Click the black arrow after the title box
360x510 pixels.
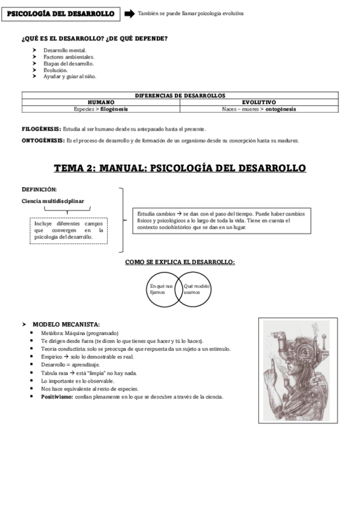coord(129,13)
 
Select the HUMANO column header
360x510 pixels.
coord(100,102)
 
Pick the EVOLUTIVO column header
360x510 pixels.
coord(258,102)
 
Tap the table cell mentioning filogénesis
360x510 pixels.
coord(100,109)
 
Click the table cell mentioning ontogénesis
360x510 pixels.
coord(258,109)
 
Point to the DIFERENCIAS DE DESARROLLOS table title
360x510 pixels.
coord(180,95)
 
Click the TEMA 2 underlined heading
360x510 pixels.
coord(180,168)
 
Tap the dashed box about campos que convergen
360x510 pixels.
coord(69,230)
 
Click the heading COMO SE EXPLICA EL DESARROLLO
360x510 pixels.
coord(180,262)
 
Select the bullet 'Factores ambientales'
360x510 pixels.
coord(69,57)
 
